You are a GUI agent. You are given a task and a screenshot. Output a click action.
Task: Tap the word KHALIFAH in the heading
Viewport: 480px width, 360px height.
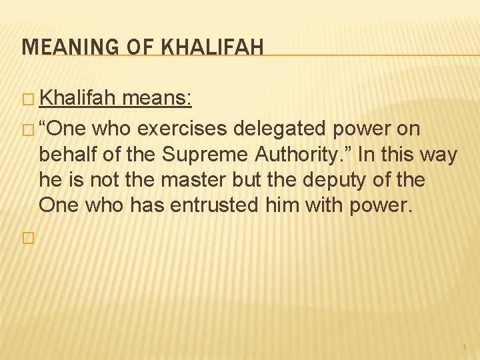(213, 47)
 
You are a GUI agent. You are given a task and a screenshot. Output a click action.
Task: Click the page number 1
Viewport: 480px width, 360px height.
(464, 347)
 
